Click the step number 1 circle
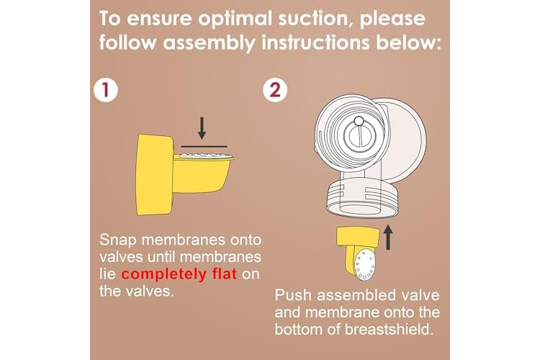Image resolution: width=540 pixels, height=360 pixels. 106,89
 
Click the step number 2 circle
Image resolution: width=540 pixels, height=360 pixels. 275,89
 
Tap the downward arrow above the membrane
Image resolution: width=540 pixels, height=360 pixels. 202,128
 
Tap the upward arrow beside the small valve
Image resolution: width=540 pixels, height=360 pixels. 388,237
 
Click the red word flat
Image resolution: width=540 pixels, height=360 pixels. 221,274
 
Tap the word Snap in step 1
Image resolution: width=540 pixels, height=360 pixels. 118,240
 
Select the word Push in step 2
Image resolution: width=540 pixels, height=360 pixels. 293,295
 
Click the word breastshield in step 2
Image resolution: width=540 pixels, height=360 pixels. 389,330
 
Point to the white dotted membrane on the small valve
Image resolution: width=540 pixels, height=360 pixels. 364,265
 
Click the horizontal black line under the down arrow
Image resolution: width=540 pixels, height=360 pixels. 204,146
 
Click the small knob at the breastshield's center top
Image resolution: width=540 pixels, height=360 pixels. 359,121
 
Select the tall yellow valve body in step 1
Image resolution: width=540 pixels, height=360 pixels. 154,174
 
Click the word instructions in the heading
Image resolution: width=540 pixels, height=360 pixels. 315,42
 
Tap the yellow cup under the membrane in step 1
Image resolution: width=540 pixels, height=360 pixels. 202,174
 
